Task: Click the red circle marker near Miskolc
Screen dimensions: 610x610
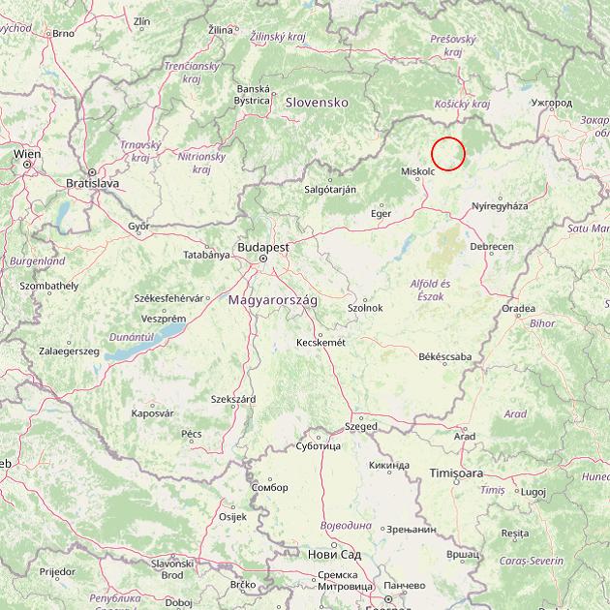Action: coord(448,154)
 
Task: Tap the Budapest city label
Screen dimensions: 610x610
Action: coord(261,247)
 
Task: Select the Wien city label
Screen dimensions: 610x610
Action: coord(27,153)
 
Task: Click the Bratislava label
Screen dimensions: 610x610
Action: coord(92,182)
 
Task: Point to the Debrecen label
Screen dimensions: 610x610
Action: coord(491,247)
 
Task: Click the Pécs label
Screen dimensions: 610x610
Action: coord(192,433)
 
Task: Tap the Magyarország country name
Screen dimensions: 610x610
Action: coord(273,300)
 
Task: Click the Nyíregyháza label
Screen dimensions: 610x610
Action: coord(500,206)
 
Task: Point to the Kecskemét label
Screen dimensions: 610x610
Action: coord(320,342)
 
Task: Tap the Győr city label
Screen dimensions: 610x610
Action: coord(138,226)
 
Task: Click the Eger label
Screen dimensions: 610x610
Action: coord(381,212)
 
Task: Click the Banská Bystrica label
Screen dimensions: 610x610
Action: coord(252,94)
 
